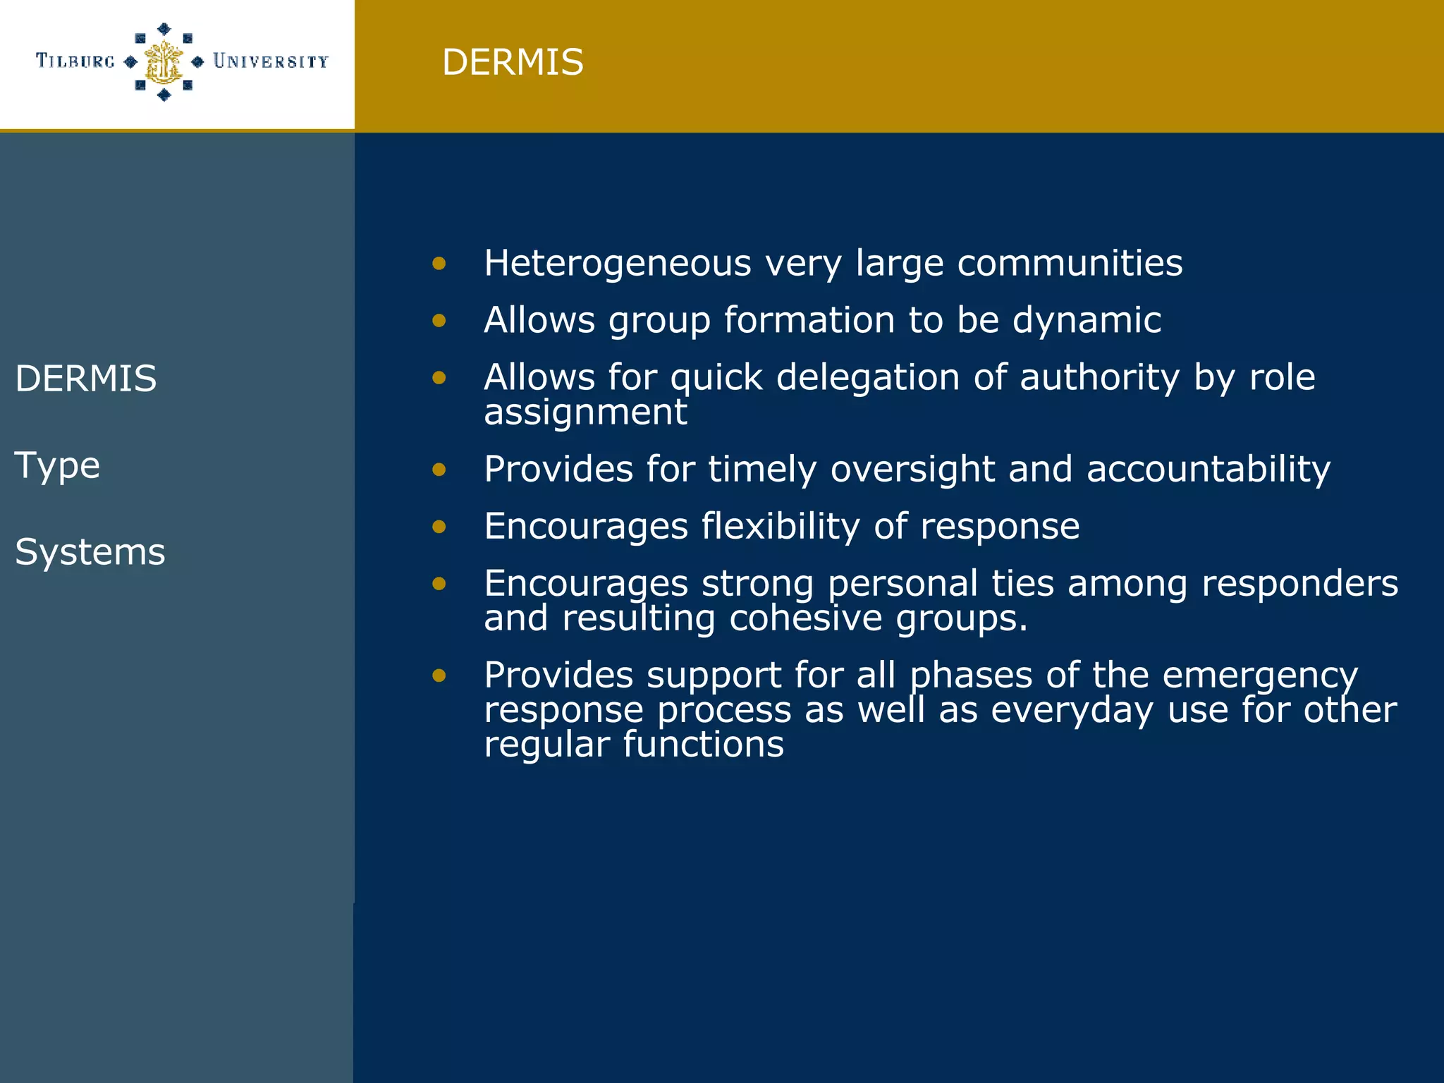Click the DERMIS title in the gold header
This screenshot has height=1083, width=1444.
click(513, 62)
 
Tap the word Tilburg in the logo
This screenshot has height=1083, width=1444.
click(75, 61)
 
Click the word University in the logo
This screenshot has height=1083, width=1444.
click(271, 62)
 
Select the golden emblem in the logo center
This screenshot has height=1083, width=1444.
click(164, 62)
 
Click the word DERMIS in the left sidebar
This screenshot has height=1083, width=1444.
click(85, 379)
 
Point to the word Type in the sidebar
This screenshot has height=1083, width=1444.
click(57, 466)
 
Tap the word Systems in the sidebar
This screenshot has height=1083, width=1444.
click(90, 552)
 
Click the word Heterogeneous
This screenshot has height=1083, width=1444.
click(618, 264)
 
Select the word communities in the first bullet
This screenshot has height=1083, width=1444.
click(1070, 264)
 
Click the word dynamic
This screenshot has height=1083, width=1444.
click(1087, 321)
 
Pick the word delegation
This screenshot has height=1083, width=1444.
click(868, 378)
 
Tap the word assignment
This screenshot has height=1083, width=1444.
click(585, 412)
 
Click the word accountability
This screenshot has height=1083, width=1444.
click(1208, 470)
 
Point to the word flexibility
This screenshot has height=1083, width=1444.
click(781, 527)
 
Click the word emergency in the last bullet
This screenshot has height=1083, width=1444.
click(1259, 676)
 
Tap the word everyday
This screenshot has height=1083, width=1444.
click(1072, 710)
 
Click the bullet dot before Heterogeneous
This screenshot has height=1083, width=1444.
click(439, 264)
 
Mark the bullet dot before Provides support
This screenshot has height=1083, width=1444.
click(439, 675)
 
